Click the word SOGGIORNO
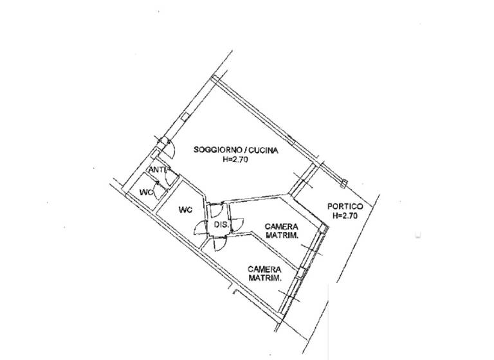point(215,151)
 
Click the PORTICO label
point(345,206)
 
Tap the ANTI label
point(158,170)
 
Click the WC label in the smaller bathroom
point(147,192)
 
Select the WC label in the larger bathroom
point(185,210)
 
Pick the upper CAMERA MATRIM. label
point(280,231)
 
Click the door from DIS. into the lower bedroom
point(218,245)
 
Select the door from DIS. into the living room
point(217,207)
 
